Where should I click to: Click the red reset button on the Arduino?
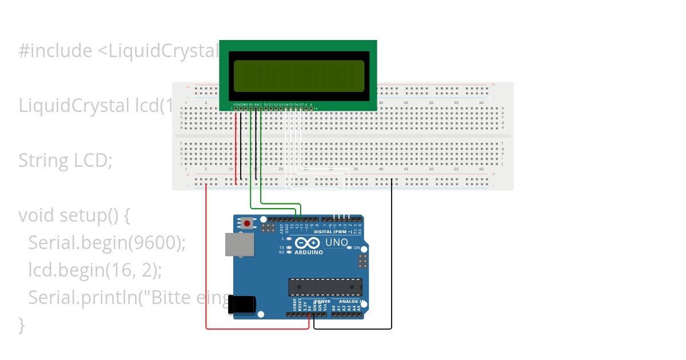point(247,223)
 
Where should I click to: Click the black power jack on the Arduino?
point(242,305)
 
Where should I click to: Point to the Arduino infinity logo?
point(308,243)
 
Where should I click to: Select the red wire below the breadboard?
point(257,329)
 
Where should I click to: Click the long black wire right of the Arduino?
point(392,257)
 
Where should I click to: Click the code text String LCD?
point(65,161)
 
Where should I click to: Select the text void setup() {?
point(75,215)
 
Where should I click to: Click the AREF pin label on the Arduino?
point(281,229)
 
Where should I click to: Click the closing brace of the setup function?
point(22,325)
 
